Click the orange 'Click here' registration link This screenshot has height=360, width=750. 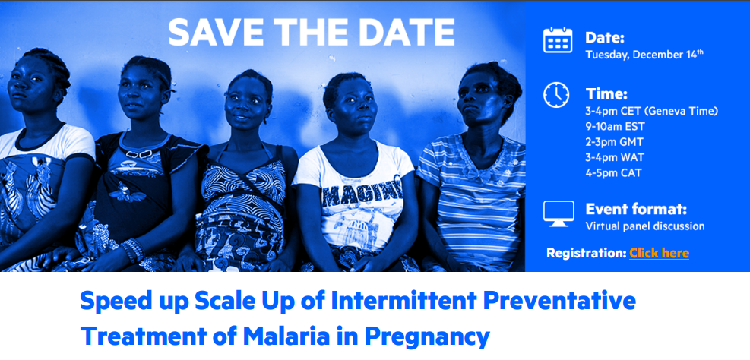[x=659, y=253]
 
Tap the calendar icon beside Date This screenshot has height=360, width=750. [x=558, y=40]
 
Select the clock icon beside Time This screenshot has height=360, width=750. [x=556, y=95]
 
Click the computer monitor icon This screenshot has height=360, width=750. [x=559, y=213]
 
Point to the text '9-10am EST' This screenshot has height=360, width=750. [x=615, y=127]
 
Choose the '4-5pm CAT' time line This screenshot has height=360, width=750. [x=613, y=173]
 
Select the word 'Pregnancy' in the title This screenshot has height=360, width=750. [x=427, y=337]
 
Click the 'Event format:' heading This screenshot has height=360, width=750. [x=636, y=209]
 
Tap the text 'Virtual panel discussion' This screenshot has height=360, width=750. [x=645, y=226]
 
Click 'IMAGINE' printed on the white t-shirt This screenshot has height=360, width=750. [x=362, y=194]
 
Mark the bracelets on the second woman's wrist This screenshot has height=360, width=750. [x=132, y=250]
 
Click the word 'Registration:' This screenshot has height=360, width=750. [x=587, y=253]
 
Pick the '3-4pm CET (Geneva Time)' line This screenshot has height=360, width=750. [x=652, y=112]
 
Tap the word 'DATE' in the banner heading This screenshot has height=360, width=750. [x=406, y=33]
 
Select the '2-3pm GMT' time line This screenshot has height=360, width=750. [x=614, y=142]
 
